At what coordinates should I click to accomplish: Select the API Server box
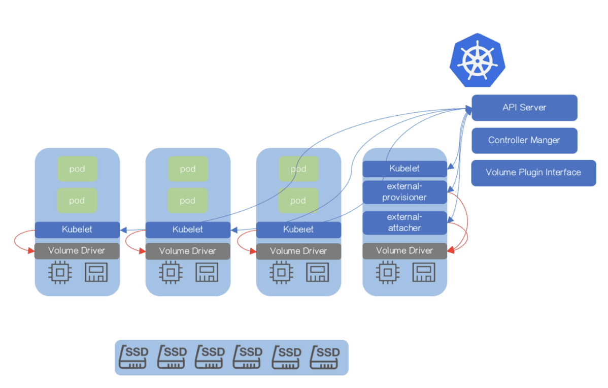(x=524, y=108)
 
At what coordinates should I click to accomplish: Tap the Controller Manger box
(x=524, y=140)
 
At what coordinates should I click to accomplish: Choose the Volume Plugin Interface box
(x=533, y=173)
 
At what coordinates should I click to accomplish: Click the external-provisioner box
(x=404, y=192)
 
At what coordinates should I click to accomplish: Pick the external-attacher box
(x=404, y=223)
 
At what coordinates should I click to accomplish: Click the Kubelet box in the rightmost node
(x=404, y=168)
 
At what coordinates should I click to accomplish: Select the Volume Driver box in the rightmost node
(x=404, y=251)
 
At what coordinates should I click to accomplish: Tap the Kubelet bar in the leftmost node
(x=77, y=230)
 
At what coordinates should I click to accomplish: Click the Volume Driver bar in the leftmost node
(x=77, y=251)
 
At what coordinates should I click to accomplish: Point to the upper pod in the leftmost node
(x=77, y=169)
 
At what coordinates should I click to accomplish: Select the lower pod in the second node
(x=188, y=201)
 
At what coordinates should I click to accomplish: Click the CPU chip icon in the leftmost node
(x=60, y=273)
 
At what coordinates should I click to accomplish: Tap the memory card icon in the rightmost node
(x=424, y=273)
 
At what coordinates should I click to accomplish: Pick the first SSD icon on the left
(x=133, y=358)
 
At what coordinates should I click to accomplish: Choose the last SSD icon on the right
(x=325, y=358)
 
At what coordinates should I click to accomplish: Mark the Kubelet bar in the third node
(x=298, y=230)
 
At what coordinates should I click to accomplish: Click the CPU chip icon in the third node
(x=281, y=273)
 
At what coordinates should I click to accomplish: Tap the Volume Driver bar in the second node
(x=188, y=251)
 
